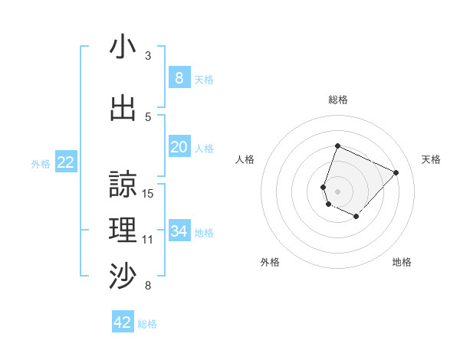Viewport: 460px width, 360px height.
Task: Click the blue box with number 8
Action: (x=179, y=77)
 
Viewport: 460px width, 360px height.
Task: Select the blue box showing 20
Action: (x=179, y=147)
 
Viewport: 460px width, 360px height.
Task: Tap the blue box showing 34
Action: (x=179, y=231)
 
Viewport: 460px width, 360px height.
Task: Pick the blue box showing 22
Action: (x=66, y=162)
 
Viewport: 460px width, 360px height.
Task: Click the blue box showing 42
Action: (x=123, y=322)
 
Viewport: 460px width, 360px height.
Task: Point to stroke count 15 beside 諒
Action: (x=149, y=194)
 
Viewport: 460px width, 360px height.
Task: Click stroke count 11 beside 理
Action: (x=148, y=240)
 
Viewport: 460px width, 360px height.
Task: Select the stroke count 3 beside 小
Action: (x=148, y=56)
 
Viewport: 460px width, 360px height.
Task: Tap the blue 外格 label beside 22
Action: (x=41, y=163)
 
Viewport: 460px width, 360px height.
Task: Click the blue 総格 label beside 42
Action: (x=147, y=324)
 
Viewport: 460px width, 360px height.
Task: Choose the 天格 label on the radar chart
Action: (x=431, y=159)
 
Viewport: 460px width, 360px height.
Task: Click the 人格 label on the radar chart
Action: (x=245, y=159)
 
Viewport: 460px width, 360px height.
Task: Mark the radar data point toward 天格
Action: (x=396, y=172)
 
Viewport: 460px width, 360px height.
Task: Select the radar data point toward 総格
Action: (x=337, y=146)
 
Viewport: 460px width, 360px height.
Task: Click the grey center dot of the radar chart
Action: (x=337, y=191)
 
